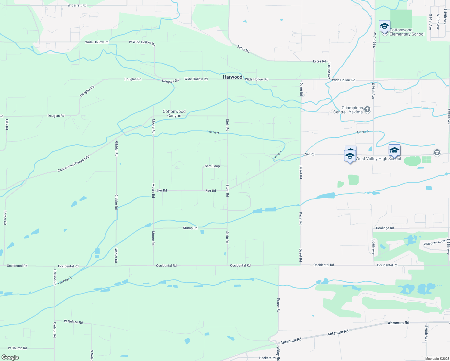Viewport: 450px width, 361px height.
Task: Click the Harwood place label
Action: point(233,77)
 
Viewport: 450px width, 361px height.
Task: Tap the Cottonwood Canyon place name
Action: point(174,113)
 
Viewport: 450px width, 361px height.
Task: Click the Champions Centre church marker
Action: point(367,110)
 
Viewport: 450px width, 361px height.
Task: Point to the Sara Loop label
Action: point(212,166)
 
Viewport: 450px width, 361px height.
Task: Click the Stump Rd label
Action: point(190,228)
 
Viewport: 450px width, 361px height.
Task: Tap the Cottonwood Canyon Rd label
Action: point(74,164)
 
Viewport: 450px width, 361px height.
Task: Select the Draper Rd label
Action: point(279,305)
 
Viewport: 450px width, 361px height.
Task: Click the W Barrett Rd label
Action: point(77,5)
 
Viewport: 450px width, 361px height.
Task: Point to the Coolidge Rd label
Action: point(385,228)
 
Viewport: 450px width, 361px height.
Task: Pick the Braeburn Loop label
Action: point(434,242)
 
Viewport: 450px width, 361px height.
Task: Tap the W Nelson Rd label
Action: point(73,322)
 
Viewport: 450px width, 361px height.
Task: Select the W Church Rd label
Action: point(17,348)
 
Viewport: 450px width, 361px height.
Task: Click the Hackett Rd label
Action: point(267,358)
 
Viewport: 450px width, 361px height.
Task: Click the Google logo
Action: point(10,357)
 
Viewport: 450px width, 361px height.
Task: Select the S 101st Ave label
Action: point(329,70)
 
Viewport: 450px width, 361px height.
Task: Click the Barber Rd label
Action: point(5,218)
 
